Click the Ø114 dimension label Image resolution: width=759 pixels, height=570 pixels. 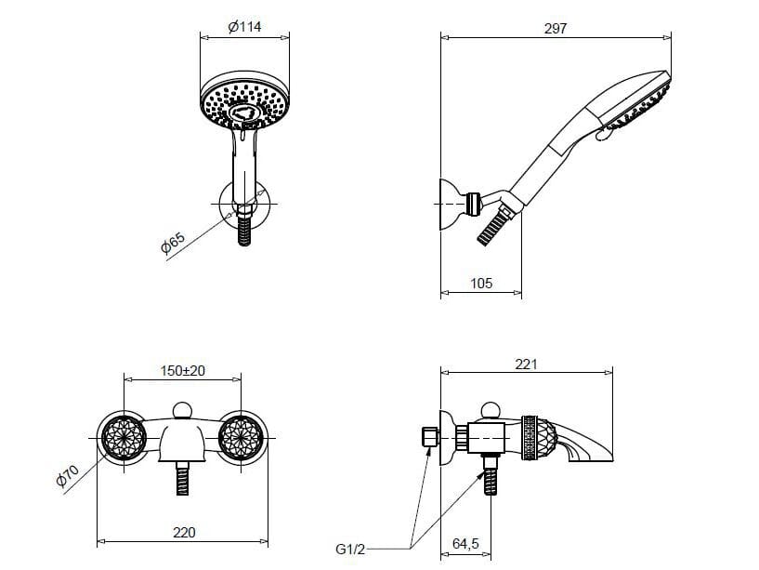(x=245, y=27)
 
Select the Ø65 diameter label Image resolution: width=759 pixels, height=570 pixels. (x=173, y=243)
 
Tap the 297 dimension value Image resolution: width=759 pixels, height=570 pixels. (x=556, y=29)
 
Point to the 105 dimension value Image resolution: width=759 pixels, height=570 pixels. (x=481, y=283)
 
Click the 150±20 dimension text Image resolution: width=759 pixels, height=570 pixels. (x=182, y=371)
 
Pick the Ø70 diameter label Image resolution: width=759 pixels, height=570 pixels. (x=67, y=475)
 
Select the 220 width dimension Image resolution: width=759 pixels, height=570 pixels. (x=184, y=533)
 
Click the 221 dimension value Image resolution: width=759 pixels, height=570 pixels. (x=526, y=364)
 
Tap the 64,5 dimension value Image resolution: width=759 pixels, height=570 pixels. (x=465, y=543)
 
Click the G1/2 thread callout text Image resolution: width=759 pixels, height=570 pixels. (x=350, y=550)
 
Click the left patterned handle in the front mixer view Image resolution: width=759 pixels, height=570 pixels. (x=124, y=437)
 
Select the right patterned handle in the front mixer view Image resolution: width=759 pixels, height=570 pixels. (x=241, y=437)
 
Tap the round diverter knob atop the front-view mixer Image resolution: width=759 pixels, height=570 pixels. (x=182, y=410)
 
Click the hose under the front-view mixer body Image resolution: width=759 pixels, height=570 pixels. (x=182, y=478)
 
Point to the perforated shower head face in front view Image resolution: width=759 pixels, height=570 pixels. (x=245, y=106)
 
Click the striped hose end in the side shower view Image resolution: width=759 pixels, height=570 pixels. (x=493, y=224)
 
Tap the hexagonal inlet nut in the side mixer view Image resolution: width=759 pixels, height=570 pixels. (x=430, y=437)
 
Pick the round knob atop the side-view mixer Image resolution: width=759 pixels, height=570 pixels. (x=491, y=411)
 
